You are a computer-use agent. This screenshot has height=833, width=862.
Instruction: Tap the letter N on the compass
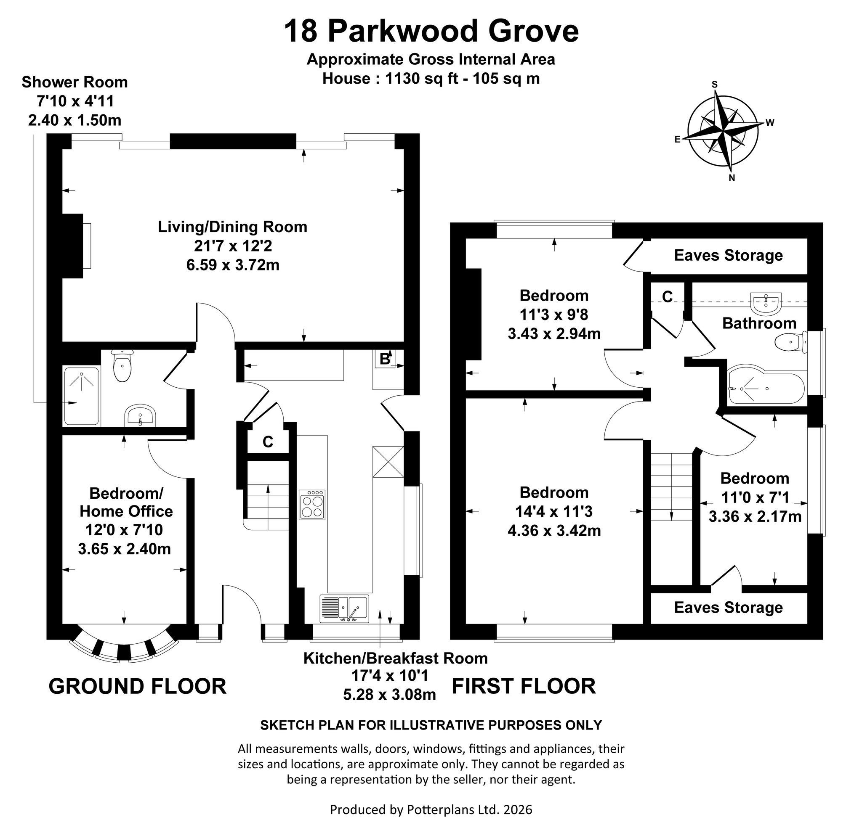(732, 178)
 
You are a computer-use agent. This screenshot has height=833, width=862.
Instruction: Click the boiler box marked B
(384, 359)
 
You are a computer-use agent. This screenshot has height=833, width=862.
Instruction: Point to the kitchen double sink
(344, 609)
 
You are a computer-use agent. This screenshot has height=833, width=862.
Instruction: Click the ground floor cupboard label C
(268, 442)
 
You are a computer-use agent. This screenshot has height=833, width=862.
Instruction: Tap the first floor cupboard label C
(667, 297)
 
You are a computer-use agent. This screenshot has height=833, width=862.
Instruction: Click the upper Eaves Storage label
(728, 255)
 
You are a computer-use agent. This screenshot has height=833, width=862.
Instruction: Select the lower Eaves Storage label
(728, 608)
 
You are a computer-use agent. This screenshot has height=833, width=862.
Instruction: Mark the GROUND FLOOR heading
(138, 687)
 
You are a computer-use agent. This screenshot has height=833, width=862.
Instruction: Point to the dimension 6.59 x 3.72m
(233, 265)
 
